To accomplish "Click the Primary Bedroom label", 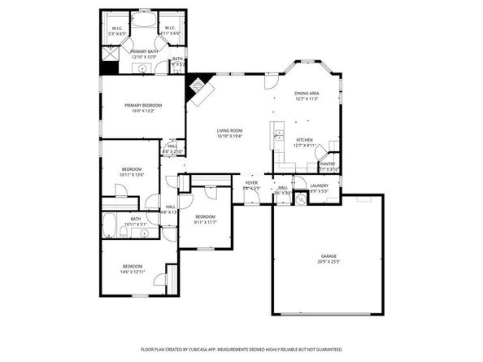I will pos(142,106).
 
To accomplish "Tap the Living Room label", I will pos(230,131).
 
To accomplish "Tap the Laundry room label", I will pos(319,185).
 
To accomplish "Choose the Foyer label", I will pos(252,183).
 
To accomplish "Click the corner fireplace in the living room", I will pos(198,88).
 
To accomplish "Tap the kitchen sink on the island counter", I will pos(278,135).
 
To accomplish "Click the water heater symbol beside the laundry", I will pos(299,198).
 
